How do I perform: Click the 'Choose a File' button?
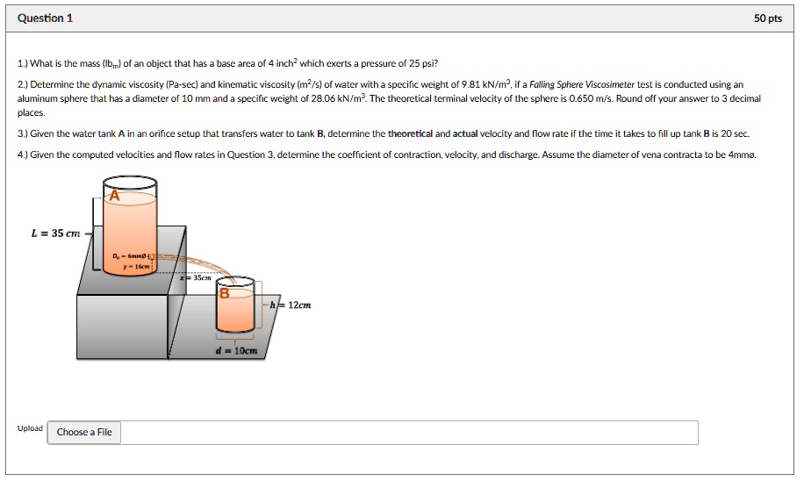[84, 432]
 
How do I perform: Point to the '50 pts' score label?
[767, 18]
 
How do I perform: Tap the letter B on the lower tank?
[224, 295]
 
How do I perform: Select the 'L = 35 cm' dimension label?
[55, 233]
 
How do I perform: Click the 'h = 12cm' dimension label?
[291, 305]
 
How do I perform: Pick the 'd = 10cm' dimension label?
[236, 350]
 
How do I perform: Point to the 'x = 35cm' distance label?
[197, 276]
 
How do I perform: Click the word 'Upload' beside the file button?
[30, 428]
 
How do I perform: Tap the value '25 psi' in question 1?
[420, 64]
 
